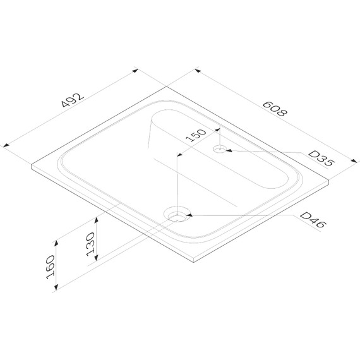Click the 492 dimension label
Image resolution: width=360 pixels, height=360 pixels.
pyautogui.click(x=73, y=100)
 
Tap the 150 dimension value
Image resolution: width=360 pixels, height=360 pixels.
pyautogui.click(x=196, y=135)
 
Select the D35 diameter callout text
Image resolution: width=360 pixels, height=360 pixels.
pyautogui.click(x=321, y=159)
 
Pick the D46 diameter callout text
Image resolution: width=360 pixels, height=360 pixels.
pyautogui.click(x=313, y=220)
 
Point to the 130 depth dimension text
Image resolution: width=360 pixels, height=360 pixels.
pyautogui.click(x=90, y=244)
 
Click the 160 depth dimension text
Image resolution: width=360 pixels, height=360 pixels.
pyautogui.click(x=51, y=267)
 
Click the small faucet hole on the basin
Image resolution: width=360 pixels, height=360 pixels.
pyautogui.click(x=220, y=149)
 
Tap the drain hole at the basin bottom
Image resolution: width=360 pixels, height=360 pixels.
pyautogui.click(x=177, y=216)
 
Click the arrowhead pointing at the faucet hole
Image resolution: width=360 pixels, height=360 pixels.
pyautogui.click(x=229, y=150)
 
